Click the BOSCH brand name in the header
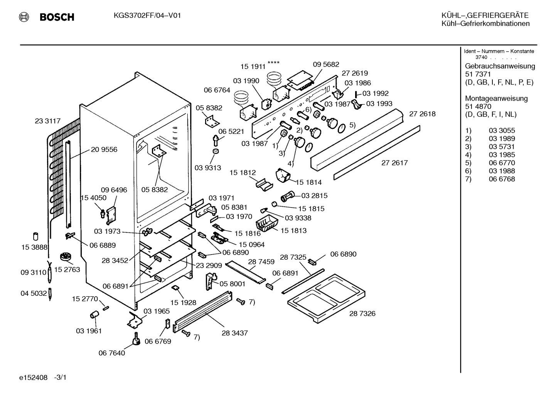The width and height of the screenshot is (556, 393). click(x=57, y=17)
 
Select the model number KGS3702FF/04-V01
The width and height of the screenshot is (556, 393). click(x=147, y=16)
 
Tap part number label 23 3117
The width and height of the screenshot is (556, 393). click(x=48, y=121)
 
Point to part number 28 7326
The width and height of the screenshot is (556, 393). click(x=362, y=314)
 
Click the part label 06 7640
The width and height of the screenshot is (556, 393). click(x=112, y=353)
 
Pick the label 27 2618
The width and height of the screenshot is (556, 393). click(x=422, y=114)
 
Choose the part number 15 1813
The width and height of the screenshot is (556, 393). click(x=293, y=230)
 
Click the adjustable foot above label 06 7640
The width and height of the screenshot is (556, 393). click(x=136, y=339)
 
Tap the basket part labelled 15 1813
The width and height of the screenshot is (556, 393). click(x=266, y=223)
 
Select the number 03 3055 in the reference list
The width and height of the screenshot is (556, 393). click(x=502, y=130)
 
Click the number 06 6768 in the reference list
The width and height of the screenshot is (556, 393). click(x=502, y=179)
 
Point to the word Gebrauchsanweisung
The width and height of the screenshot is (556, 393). click(x=500, y=66)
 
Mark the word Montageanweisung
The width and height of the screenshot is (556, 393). click(x=496, y=98)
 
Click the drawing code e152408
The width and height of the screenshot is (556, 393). click(x=33, y=377)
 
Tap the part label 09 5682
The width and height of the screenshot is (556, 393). click(x=326, y=64)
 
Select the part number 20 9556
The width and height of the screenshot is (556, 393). click(x=104, y=150)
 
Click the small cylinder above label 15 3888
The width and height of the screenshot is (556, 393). click(x=36, y=236)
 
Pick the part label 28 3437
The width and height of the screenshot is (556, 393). click(x=234, y=333)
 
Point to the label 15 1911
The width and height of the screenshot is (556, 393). click(x=253, y=67)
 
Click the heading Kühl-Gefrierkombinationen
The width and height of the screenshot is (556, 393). click(x=485, y=24)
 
